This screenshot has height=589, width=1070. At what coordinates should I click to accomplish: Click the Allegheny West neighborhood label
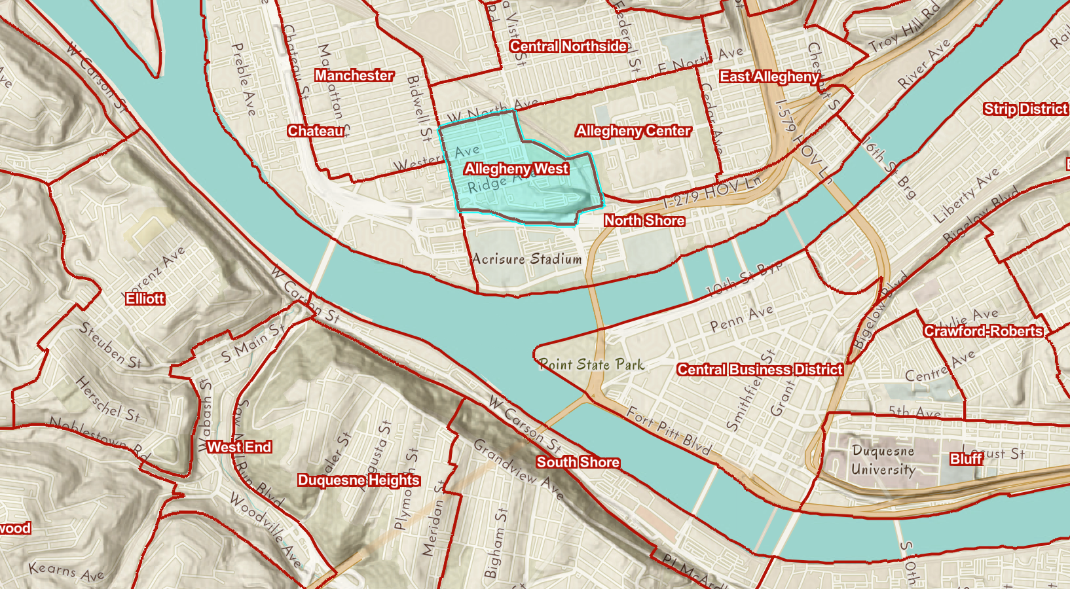coord(517,169)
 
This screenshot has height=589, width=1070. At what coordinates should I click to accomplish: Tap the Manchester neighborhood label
coord(354,75)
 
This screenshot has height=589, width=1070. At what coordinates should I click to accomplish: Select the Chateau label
coord(316,131)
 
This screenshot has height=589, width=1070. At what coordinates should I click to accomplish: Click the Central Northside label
coord(568,46)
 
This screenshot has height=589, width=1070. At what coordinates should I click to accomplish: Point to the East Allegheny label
coord(769,77)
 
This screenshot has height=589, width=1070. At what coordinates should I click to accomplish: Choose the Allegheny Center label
coord(633,131)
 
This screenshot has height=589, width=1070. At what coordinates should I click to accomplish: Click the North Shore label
coord(644,221)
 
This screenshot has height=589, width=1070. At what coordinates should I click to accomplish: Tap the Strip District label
coord(1025,109)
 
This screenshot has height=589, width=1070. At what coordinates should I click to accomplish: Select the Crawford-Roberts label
coord(983,331)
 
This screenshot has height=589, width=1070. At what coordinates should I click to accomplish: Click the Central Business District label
coord(760,370)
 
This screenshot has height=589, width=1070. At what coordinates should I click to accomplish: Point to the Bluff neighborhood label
coord(967,459)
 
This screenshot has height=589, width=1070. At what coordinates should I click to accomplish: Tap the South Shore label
coord(578,462)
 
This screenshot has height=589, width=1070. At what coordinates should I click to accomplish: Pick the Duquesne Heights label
coord(358,480)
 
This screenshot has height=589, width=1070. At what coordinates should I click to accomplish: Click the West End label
coord(239,447)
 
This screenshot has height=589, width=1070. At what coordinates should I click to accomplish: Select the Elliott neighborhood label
coord(145,298)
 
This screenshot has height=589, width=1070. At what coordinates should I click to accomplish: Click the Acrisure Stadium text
coord(527,259)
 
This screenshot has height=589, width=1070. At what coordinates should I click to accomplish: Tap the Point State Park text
coord(591,365)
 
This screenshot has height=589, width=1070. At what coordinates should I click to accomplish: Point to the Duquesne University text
coord(883,460)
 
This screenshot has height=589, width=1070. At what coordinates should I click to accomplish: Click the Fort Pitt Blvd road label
coord(669,431)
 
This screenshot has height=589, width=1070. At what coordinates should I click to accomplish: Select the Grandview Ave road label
coord(518,469)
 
